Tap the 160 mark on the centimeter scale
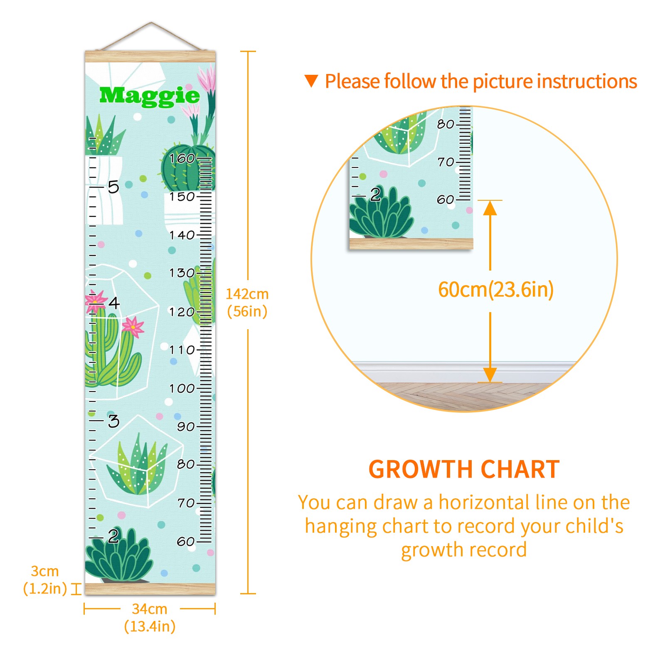(182, 158)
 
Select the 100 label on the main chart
(182, 389)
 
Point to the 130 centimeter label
(182, 273)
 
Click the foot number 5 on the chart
(113, 187)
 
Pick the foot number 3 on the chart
(113, 421)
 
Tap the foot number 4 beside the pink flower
(114, 303)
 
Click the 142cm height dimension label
(247, 303)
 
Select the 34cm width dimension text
(150, 618)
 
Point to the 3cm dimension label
(45, 580)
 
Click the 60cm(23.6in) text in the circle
(496, 289)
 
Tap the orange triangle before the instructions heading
(311, 81)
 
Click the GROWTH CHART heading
(464, 470)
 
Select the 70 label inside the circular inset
(446, 162)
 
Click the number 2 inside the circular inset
(375, 195)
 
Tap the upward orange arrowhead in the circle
(490, 208)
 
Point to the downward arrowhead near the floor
(490, 375)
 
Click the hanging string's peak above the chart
(151, 22)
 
